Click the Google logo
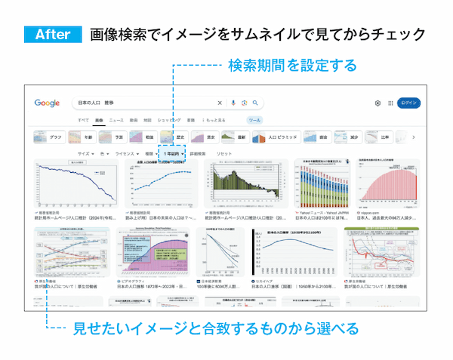coord(47,103)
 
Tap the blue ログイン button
coord(408,103)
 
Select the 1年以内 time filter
coord(173,153)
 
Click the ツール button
coord(254,121)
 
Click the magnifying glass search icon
coord(256,103)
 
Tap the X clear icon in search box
coord(220,103)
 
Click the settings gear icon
coord(377,103)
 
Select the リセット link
coord(223,153)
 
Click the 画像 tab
coord(99,121)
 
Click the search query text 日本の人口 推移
coord(98,103)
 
